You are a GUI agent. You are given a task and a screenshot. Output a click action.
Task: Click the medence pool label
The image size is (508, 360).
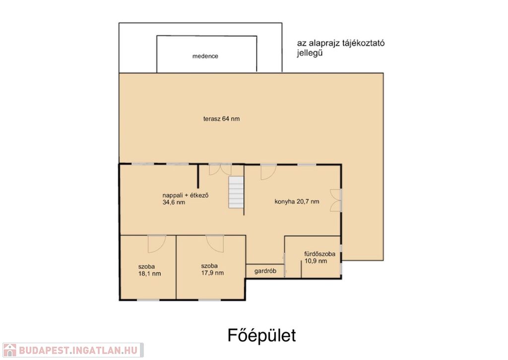pyautogui.click(x=205, y=56)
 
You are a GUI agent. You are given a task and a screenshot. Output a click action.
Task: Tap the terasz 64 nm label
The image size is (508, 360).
pyautogui.click(x=222, y=119)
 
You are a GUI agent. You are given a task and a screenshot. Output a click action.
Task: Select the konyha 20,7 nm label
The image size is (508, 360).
pyautogui.click(x=297, y=202)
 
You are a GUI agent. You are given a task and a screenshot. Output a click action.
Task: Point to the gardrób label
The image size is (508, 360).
pyautogui.click(x=265, y=271)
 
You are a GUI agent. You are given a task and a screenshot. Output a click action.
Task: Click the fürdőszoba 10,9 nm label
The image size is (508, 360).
pyautogui.click(x=319, y=257)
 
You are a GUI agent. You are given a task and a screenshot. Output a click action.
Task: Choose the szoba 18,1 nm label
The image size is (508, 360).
pyautogui.click(x=149, y=270)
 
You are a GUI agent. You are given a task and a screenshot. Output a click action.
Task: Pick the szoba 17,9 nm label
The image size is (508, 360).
pyautogui.click(x=212, y=269)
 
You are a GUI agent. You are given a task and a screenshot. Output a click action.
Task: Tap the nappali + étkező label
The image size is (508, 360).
pyautogui.click(x=186, y=195)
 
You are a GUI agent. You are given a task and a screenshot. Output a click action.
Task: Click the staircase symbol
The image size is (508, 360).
pyautogui.click(x=236, y=192)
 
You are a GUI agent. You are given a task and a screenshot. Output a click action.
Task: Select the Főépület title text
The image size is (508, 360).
pyautogui.click(x=261, y=335)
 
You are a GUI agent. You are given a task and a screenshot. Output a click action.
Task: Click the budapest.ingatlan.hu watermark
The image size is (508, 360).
pyautogui.click(x=72, y=350)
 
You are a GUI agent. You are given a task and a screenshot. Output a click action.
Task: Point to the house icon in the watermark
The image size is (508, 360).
pyautogui.click(x=9, y=350)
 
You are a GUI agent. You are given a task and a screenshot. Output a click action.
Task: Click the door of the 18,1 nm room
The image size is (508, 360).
pyautogui.click(x=157, y=244)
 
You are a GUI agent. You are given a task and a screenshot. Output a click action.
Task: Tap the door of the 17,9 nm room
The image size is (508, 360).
pyautogui.click(x=215, y=243)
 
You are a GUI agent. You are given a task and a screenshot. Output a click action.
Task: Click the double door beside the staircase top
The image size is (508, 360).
pyautogui.click(x=220, y=170)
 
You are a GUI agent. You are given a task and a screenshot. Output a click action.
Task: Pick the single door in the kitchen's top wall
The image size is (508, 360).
pyautogui.click(x=268, y=172)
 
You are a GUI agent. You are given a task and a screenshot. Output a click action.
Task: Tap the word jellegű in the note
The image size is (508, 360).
pyautogui.click(x=310, y=53)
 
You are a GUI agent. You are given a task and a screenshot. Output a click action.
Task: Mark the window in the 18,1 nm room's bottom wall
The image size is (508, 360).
pyautogui.click(x=148, y=300)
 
